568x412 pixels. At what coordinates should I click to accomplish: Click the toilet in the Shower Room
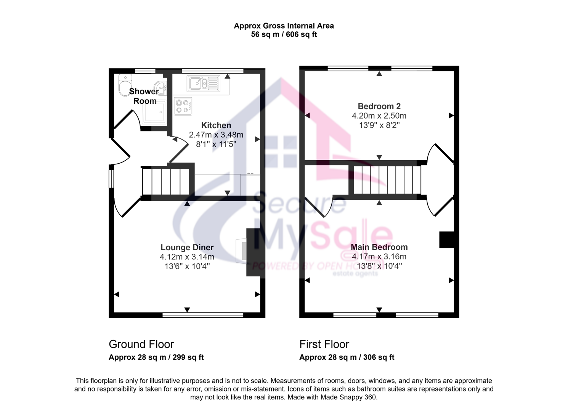pyautogui.click(x=125, y=85)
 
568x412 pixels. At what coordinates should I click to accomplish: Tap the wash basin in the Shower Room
pyautogui.click(x=160, y=88)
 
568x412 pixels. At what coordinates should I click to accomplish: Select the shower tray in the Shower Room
pyautogui.click(x=154, y=113)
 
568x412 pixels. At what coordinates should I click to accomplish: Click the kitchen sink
pyautogui.click(x=203, y=83)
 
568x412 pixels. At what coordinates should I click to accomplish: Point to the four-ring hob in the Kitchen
pyautogui.click(x=183, y=106)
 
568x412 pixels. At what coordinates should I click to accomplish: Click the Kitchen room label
pyautogui.click(x=216, y=126)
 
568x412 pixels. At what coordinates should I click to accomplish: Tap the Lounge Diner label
pyautogui.click(x=187, y=247)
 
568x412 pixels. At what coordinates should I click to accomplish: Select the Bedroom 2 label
pyautogui.click(x=379, y=106)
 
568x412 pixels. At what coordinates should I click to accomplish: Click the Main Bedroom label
pyautogui.click(x=379, y=247)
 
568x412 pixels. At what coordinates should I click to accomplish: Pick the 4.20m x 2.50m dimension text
pyautogui.click(x=379, y=116)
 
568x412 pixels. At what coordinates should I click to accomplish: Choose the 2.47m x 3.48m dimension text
pyautogui.click(x=216, y=135)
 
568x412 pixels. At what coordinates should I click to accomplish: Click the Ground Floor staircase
pyautogui.click(x=166, y=182)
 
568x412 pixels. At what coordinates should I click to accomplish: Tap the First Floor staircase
pyautogui.click(x=387, y=180)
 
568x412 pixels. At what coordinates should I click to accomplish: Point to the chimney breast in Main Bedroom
pyautogui.click(x=446, y=240)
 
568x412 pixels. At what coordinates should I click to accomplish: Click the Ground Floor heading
pyautogui.click(x=141, y=344)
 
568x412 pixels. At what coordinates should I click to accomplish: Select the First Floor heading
pyautogui.click(x=324, y=344)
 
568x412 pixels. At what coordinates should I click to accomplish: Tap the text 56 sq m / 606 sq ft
pyautogui.click(x=284, y=34)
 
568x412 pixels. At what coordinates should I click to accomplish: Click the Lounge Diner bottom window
pyautogui.click(x=202, y=315)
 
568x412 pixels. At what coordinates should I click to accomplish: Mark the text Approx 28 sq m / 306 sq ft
pyautogui.click(x=347, y=357)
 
